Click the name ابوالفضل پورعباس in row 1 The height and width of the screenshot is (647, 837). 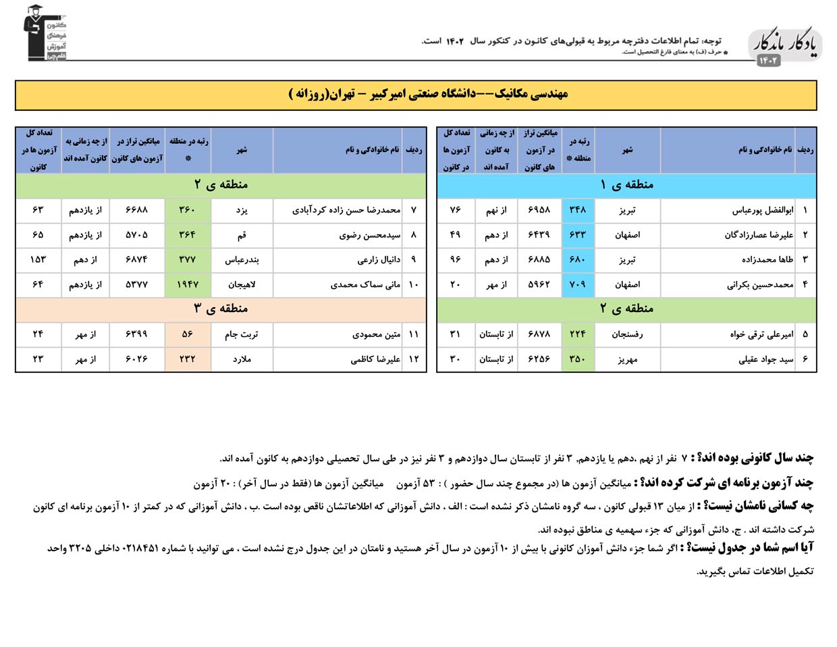[763, 210]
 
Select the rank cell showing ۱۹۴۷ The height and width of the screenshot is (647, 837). [188, 284]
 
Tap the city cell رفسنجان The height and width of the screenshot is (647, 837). [627, 334]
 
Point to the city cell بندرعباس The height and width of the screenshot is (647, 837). [242, 259]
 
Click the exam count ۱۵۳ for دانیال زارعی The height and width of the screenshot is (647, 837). [38, 259]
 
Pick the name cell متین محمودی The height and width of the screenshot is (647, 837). [376, 334]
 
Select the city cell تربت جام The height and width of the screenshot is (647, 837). [242, 334]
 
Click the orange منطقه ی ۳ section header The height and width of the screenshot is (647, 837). [221, 309]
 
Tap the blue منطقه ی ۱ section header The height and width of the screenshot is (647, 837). [626, 184]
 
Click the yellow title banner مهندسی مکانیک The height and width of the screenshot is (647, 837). [416, 95]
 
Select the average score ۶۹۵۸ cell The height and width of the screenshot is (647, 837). [539, 210]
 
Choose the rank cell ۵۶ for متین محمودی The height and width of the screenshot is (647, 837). [188, 334]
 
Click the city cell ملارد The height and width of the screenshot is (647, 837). [242, 359]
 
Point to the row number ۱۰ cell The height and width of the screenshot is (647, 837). [414, 284]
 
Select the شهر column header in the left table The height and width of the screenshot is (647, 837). [242, 150]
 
